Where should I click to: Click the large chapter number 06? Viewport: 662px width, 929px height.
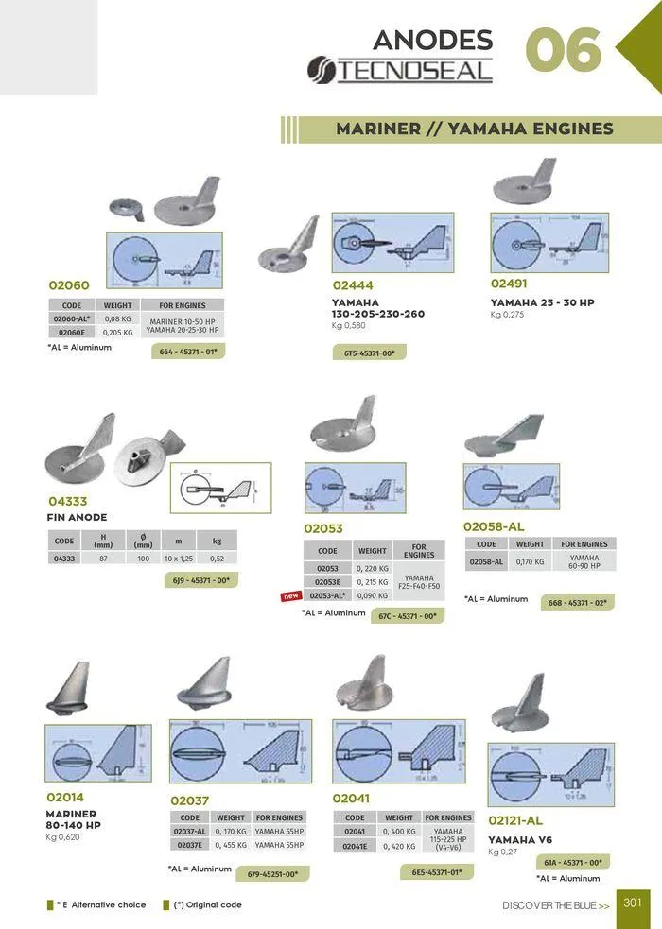point(564,51)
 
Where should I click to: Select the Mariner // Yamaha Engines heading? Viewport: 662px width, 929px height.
point(475,129)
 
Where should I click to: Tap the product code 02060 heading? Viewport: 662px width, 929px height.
point(69,284)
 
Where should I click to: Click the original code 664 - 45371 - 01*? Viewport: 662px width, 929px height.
point(189,352)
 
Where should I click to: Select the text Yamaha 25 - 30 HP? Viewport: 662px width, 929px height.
point(542,302)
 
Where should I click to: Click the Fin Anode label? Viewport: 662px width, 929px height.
point(77,517)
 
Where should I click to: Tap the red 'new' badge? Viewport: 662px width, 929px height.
point(290,596)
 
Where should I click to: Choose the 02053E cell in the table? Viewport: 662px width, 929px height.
point(327,582)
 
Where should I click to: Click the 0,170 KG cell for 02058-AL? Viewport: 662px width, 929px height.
point(530,561)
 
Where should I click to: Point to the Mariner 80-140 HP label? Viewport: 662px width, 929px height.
point(72,818)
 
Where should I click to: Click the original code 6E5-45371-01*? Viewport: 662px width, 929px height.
point(436,872)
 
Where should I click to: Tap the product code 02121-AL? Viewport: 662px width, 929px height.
point(515,821)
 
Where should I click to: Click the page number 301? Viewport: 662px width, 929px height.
point(633,903)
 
